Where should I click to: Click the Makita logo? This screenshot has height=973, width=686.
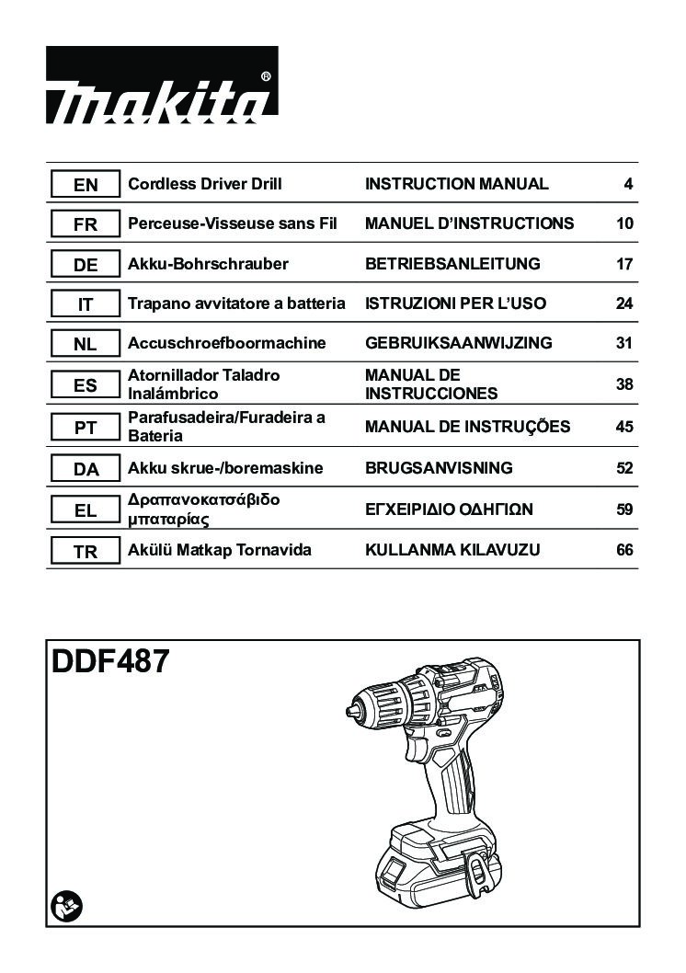pos(162,85)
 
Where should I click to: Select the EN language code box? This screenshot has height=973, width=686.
pos(85,184)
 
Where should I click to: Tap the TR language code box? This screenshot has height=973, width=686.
pos(85,550)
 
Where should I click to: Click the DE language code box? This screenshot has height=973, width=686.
pos(85,264)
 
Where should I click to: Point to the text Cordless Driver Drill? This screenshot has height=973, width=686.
pos(205,184)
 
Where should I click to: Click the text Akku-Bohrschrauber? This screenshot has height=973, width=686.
pos(208,264)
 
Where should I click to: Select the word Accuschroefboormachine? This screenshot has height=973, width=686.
pos(226,342)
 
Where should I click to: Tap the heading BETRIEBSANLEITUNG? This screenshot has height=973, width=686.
pos(452,264)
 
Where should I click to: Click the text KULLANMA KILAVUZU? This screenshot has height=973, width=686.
pos(452,550)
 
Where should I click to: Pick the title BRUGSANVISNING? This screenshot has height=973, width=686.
pos(439,468)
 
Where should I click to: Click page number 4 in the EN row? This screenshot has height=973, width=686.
pos(628,184)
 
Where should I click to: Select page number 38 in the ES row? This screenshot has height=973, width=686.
pos(624,384)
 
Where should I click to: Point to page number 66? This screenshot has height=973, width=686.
pos(624,550)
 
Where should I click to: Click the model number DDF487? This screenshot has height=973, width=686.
pos(109,661)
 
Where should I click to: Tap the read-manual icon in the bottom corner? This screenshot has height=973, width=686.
pos(67,908)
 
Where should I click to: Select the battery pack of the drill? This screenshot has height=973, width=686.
pos(438,863)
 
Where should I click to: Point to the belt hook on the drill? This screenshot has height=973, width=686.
pos(475,873)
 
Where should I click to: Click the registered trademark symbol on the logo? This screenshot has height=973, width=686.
pos(266,76)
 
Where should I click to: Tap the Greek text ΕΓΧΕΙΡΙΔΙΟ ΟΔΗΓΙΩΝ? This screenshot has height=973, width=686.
pos(449,509)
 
